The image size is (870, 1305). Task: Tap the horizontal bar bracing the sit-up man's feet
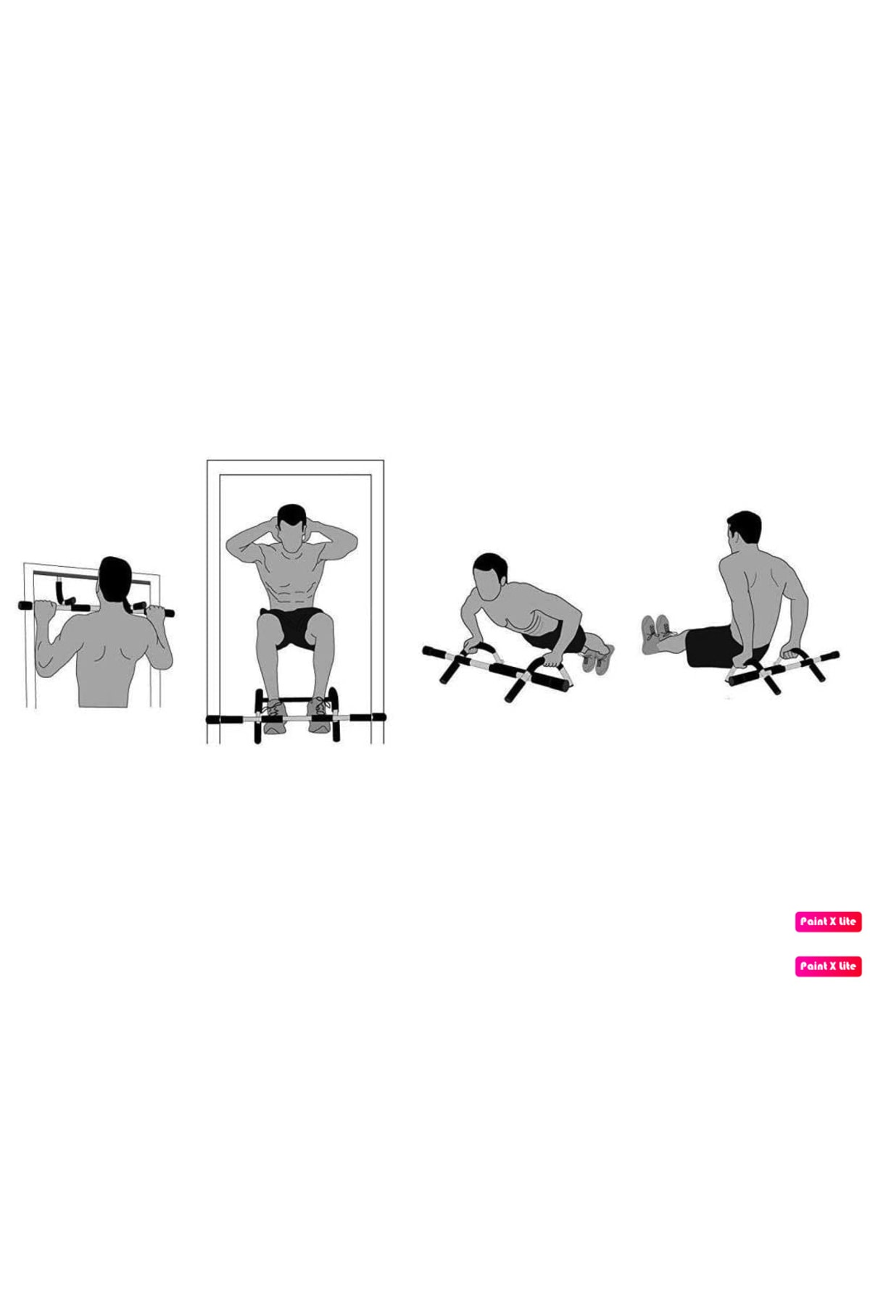(x=296, y=718)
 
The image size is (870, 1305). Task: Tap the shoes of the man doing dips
(x=655, y=634)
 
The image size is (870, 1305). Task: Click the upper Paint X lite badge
(x=828, y=921)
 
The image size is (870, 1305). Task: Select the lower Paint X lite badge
(x=828, y=966)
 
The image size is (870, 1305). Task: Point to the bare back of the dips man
(x=758, y=594)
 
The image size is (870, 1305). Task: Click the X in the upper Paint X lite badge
(x=833, y=921)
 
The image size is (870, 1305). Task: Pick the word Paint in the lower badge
(x=813, y=966)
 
